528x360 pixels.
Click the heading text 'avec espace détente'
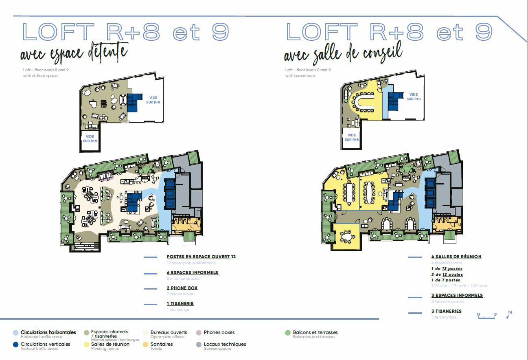point(74,53)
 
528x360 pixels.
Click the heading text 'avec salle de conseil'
point(343,53)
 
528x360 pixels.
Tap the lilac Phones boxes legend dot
point(199,333)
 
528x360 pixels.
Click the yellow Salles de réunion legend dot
point(86,345)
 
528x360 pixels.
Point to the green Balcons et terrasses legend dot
point(288,333)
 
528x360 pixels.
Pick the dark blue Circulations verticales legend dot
point(15,345)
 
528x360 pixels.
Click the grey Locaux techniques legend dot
point(199,345)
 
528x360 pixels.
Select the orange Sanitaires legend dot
point(146,345)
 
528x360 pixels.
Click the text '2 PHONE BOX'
point(182,288)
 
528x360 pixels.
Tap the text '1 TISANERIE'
point(180,303)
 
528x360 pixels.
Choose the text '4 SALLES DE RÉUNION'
point(456,257)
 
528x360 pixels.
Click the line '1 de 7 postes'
point(446,280)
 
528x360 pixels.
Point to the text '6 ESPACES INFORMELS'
point(192,272)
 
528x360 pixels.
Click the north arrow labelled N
point(509,315)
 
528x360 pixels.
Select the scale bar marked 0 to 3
point(486,316)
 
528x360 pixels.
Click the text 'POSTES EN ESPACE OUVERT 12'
point(201,257)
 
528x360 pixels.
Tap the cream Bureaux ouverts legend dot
point(146,333)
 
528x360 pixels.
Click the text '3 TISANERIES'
point(446,311)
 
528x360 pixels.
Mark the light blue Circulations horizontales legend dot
point(15,333)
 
